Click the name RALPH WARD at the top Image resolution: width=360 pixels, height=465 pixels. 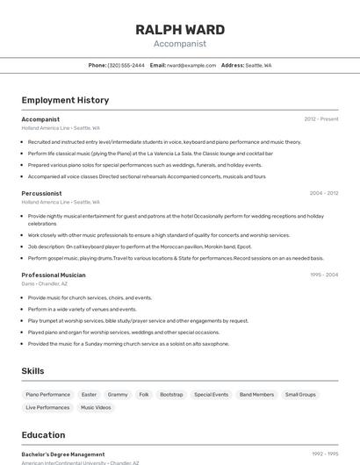(x=180, y=30)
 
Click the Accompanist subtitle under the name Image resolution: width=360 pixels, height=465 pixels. (x=180, y=43)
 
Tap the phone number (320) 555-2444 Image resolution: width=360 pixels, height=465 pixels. (x=126, y=66)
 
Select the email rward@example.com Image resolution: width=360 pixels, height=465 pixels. (x=191, y=66)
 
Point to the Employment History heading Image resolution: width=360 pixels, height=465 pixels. (x=65, y=100)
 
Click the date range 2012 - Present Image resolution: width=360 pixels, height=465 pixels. (x=321, y=119)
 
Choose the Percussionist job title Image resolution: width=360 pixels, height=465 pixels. (x=41, y=193)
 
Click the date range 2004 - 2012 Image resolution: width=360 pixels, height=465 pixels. (x=323, y=193)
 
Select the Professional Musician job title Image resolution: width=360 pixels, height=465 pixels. (x=54, y=275)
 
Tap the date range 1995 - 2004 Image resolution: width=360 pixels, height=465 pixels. (x=323, y=275)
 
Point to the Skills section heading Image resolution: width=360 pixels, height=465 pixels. (x=32, y=371)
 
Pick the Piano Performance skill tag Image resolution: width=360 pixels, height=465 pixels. (x=48, y=395)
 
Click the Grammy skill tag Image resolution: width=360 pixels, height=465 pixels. (x=118, y=395)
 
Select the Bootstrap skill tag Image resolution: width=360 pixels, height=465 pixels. (x=171, y=395)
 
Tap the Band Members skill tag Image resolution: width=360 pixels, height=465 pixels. (x=256, y=395)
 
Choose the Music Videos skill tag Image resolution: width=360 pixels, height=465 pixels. (x=96, y=408)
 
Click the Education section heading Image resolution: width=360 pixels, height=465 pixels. (x=43, y=435)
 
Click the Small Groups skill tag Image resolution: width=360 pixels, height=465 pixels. (x=301, y=395)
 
